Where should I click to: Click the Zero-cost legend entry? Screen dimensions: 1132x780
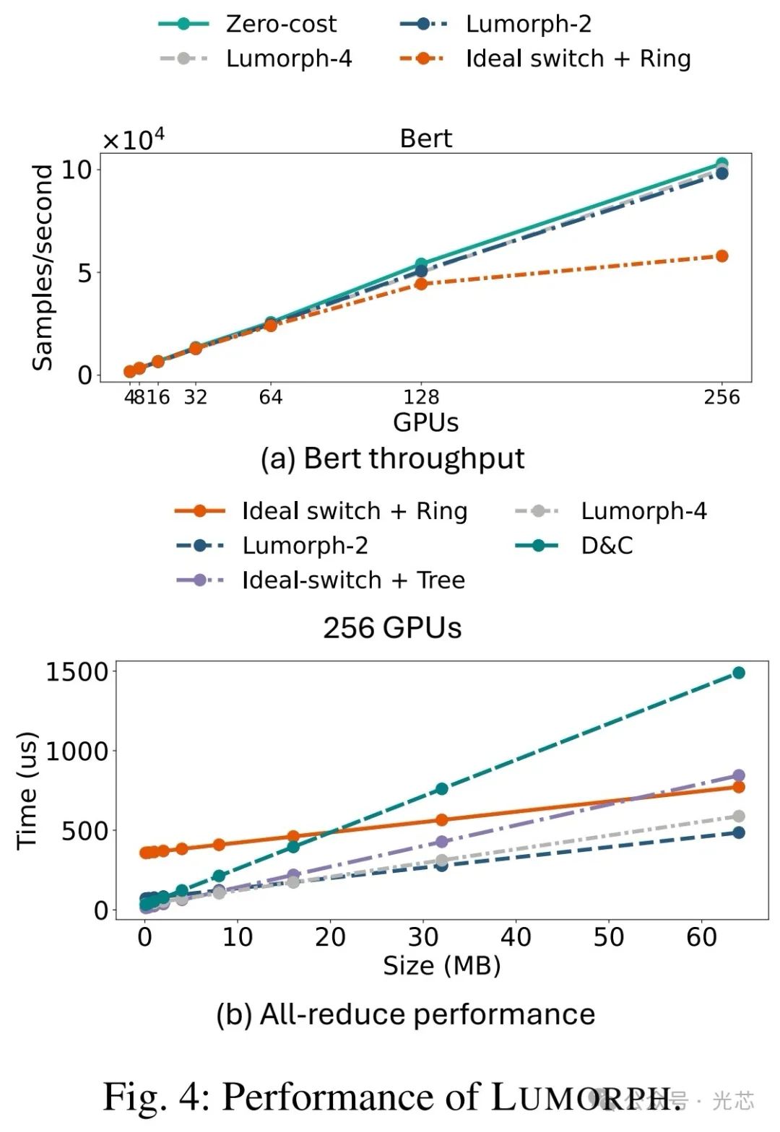[x=280, y=24]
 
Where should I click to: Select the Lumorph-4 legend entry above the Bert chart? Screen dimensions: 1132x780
[x=288, y=58]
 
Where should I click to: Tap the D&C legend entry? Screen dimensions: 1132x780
[x=606, y=545]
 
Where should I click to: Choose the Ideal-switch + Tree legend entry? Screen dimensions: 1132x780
[x=352, y=580]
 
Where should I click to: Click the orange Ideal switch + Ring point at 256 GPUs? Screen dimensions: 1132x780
[x=721, y=256]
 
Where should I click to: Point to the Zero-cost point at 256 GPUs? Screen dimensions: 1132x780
[x=721, y=164]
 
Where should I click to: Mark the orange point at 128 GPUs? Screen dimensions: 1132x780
[x=421, y=284]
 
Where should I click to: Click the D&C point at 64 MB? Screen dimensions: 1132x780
[x=739, y=673]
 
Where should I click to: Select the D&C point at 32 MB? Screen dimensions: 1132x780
[x=442, y=789]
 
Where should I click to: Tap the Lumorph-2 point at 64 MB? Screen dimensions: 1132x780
[x=739, y=832]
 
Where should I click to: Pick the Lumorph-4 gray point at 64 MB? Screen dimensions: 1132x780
[x=739, y=817]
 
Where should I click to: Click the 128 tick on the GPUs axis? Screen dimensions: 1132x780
[x=421, y=397]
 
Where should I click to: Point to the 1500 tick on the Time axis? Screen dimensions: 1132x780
[x=77, y=672]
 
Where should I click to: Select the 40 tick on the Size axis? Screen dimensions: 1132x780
[x=516, y=937]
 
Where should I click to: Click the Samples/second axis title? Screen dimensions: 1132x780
[x=43, y=267]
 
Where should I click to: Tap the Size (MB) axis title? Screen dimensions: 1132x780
[x=441, y=965]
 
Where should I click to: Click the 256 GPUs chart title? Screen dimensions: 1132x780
[x=392, y=628]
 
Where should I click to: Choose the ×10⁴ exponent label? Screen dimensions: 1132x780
[x=134, y=139]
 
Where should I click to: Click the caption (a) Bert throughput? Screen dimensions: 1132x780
[x=392, y=458]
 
